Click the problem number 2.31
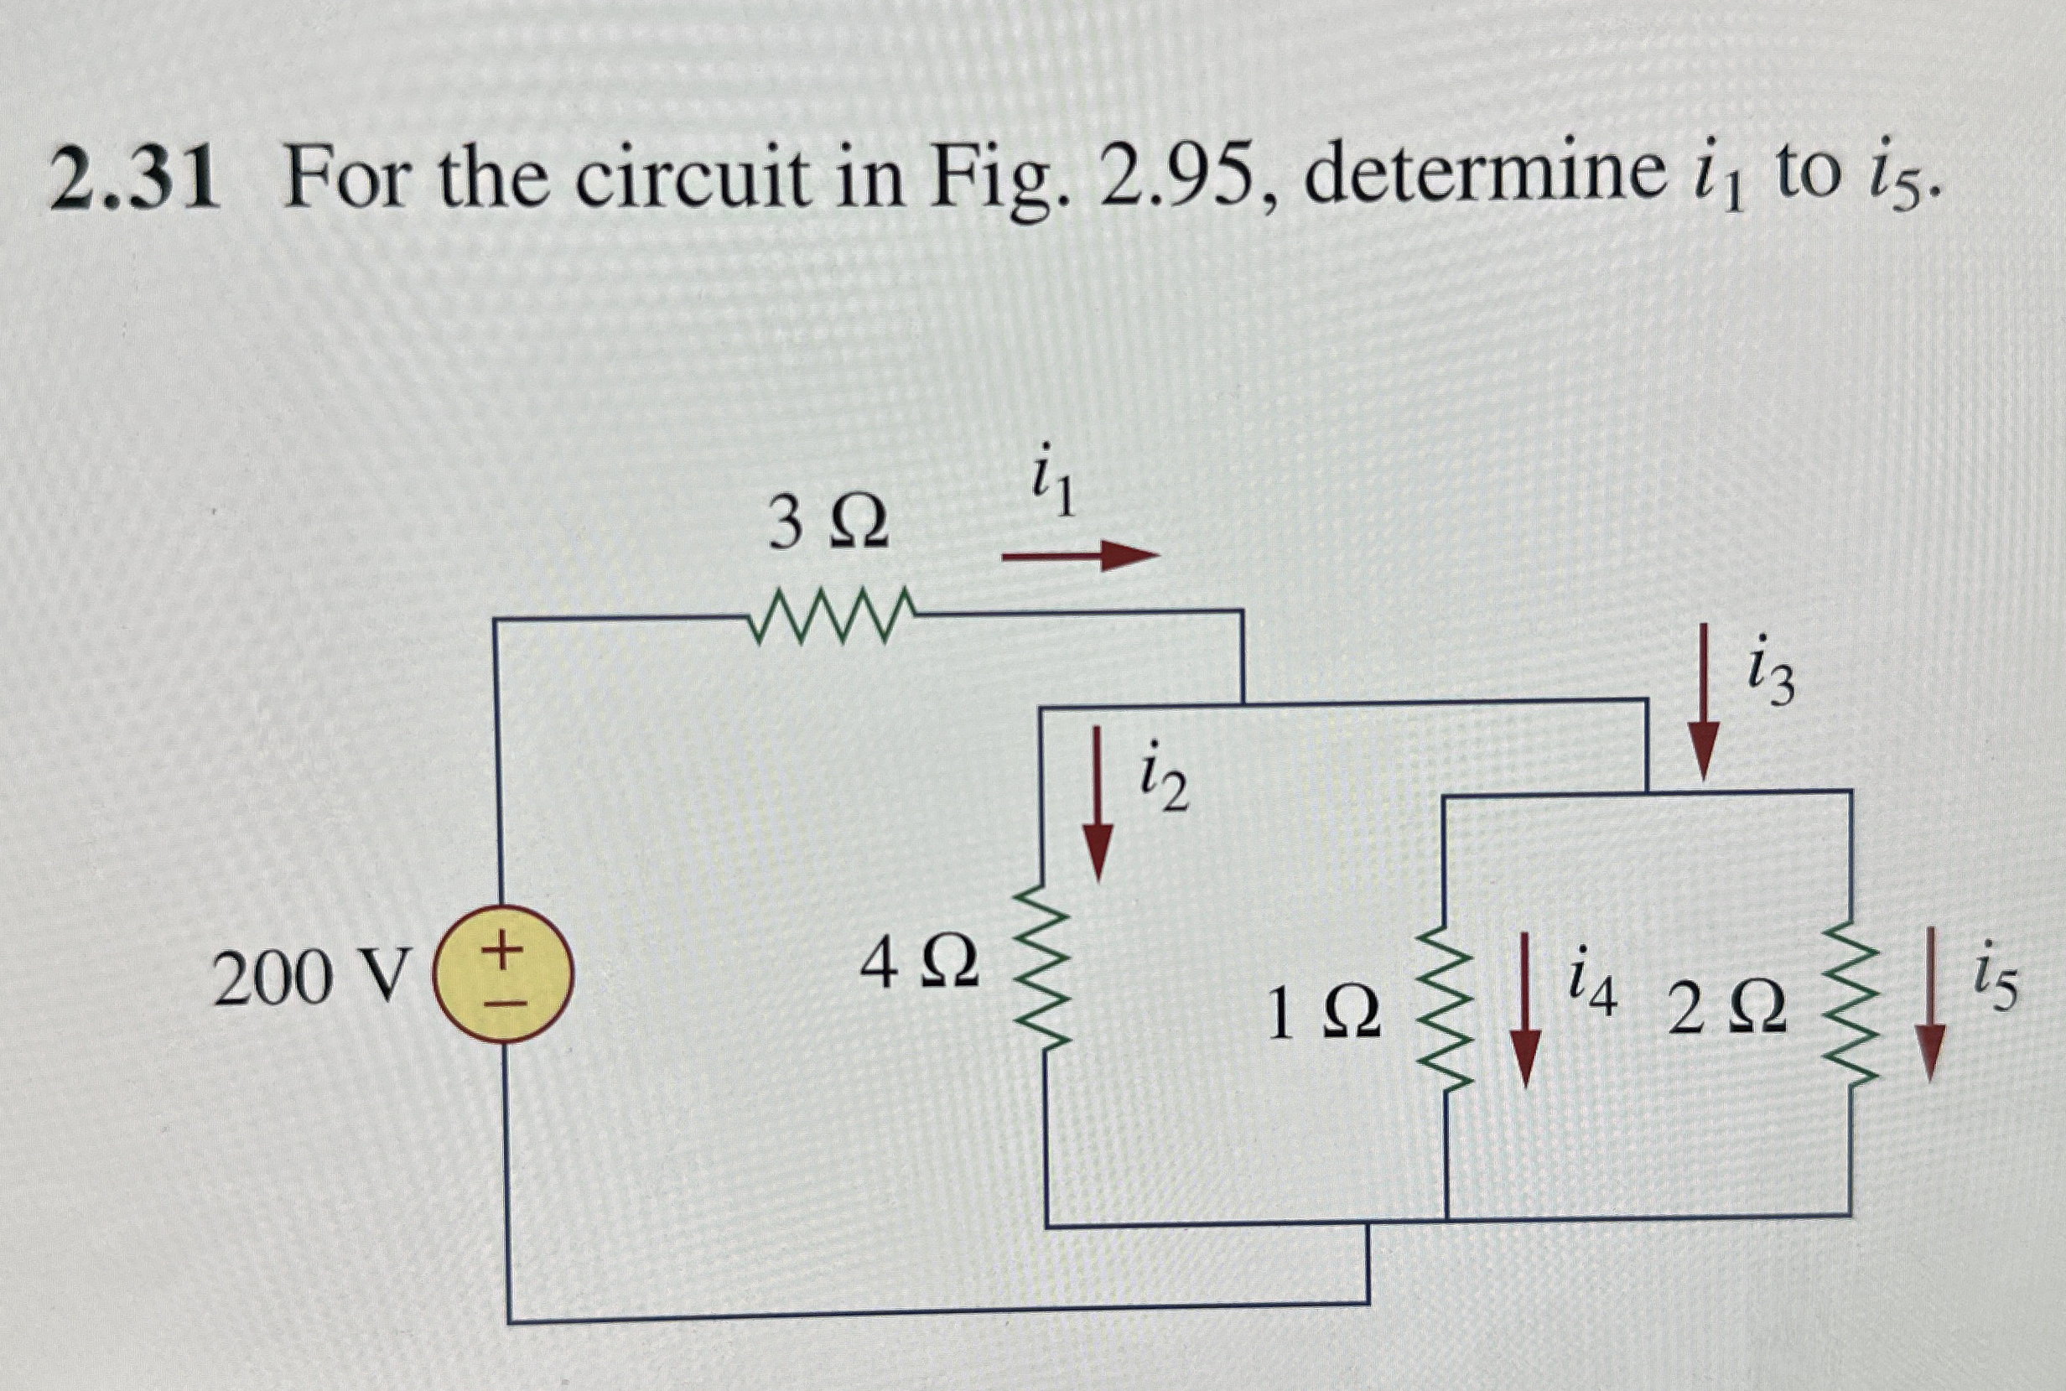coord(134,180)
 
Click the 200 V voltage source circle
coord(503,976)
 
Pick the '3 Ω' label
coord(828,524)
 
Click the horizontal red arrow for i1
coord(1081,557)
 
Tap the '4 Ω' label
coord(920,967)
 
